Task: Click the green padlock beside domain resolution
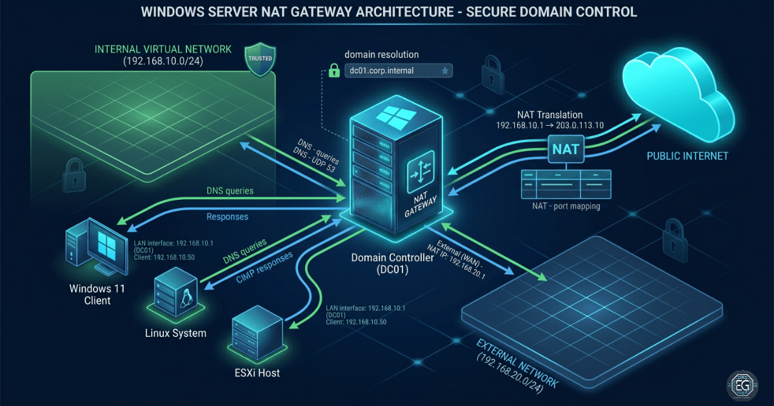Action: (x=333, y=70)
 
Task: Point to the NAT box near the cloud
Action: (x=566, y=150)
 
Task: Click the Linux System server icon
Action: (x=175, y=296)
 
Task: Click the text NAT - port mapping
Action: (x=566, y=207)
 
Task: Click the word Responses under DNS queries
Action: (x=227, y=217)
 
